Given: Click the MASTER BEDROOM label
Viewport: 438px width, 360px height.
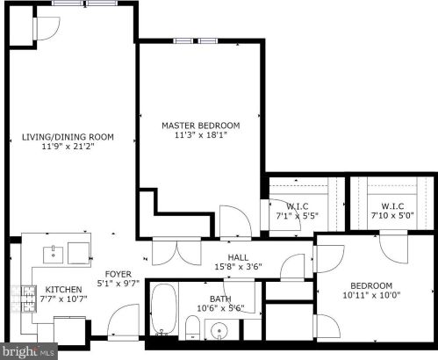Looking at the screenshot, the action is click(201, 126).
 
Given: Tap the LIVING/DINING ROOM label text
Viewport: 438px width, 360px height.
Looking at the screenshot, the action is click(68, 137).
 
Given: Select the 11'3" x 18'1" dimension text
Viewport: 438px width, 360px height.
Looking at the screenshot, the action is click(201, 135).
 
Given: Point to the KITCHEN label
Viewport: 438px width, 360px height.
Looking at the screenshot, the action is click(63, 290).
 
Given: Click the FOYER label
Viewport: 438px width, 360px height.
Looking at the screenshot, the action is click(118, 274).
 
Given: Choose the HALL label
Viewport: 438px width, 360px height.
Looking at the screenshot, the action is click(238, 257).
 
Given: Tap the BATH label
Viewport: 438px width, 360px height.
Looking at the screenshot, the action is click(220, 299).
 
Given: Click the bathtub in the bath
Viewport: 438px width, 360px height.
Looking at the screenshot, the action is click(164, 310).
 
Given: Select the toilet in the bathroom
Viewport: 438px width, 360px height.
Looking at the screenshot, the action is click(192, 328).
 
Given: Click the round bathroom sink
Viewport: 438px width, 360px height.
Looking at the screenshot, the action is click(219, 331).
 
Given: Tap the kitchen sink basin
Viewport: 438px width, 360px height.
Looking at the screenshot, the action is click(54, 255).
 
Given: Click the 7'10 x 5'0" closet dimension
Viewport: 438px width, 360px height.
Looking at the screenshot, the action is click(392, 216).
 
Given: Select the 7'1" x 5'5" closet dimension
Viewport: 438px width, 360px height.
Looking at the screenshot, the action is click(297, 216).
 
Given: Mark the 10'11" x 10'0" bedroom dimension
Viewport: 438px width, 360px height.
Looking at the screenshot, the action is click(371, 295).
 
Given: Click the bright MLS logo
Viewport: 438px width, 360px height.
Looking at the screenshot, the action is click(29, 351).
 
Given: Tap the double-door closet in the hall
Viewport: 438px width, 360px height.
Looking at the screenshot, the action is click(176, 251).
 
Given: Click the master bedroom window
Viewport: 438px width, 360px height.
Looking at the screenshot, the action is click(196, 40).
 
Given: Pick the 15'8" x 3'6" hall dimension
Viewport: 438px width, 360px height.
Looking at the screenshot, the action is click(238, 267).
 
